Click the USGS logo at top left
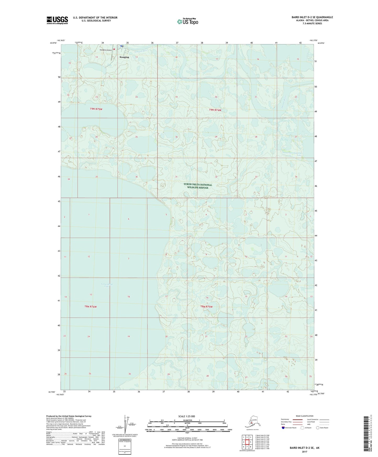(57, 20)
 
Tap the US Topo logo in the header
(187, 21)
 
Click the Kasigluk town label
(124, 57)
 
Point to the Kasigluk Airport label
(105, 50)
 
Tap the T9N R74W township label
(215, 110)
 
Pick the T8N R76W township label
(91, 306)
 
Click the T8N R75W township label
(206, 306)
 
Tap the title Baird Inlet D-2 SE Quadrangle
(312, 17)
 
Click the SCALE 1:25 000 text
(187, 416)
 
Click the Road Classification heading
(304, 416)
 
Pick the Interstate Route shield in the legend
(283, 428)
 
